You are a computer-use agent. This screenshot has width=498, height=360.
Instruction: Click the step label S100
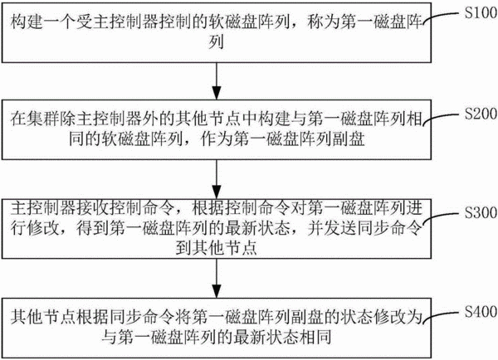tap(481, 12)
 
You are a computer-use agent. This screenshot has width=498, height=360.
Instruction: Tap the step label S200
tap(481, 114)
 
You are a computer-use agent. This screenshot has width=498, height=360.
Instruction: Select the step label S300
tap(481, 212)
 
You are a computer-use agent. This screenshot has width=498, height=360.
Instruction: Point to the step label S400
tap(481, 311)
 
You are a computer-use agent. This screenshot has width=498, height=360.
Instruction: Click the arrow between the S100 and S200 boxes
tap(217, 81)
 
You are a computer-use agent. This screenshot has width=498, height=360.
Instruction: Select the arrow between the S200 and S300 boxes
tap(217, 179)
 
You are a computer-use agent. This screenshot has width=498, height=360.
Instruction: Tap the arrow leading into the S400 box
tap(217, 278)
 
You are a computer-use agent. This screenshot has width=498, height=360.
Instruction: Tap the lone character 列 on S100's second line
tap(217, 41)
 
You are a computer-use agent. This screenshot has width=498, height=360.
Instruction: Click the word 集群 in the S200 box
tap(43, 119)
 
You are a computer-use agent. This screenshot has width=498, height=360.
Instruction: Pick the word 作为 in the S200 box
tap(217, 139)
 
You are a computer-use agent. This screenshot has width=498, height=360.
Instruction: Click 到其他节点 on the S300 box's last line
tap(217, 248)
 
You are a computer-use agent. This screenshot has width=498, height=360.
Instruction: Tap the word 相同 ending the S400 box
tap(315, 336)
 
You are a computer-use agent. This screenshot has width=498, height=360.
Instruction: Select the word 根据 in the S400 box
tap(92, 317)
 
